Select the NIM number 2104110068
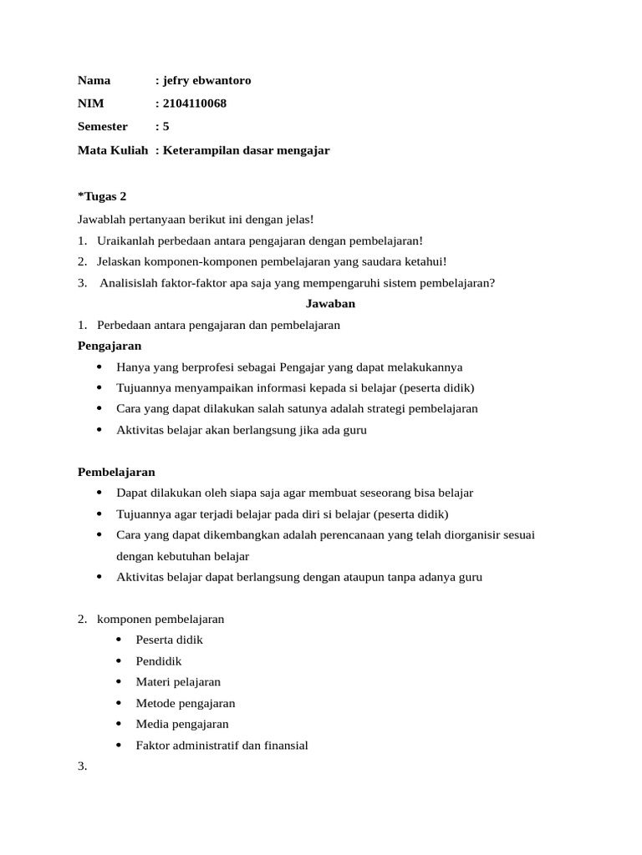194,104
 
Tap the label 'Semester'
103,127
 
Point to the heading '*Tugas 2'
102,196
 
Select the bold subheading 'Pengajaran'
110,346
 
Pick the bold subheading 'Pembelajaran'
116,472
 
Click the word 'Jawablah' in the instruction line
100,219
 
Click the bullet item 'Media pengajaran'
182,724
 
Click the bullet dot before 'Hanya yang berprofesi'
100,367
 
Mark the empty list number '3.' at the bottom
83,766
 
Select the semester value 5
166,127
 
